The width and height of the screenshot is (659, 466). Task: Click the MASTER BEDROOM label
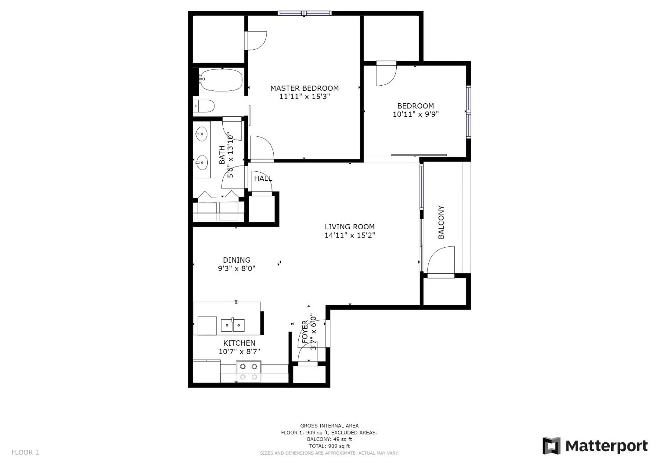[x=304, y=88]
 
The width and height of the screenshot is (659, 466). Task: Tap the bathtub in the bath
[x=221, y=80]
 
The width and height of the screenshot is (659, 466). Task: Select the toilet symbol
[x=204, y=106]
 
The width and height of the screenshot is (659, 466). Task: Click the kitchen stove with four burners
[x=249, y=372]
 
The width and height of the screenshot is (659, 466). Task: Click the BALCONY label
[x=441, y=222]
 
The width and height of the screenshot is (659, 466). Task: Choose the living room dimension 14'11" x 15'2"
[x=350, y=235]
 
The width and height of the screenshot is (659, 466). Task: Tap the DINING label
[x=237, y=260]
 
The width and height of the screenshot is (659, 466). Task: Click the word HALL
[x=263, y=178]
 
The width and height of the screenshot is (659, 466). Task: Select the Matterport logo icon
[x=551, y=446]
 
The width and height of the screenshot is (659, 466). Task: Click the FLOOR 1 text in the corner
[x=25, y=453]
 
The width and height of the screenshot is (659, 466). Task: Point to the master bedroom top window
[x=305, y=13]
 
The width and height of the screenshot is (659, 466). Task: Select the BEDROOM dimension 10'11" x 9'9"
[x=416, y=114]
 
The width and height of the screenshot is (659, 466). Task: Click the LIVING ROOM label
[x=350, y=227]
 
